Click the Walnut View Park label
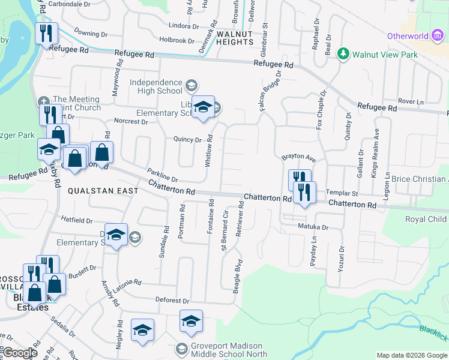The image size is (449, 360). [384, 55]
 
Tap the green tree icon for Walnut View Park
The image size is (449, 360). [343, 54]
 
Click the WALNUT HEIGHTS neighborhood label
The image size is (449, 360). [235, 38]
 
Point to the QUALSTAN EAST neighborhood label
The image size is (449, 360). [103, 191]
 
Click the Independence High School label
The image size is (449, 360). [155, 86]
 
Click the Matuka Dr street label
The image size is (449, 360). [313, 227]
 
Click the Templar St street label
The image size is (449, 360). [342, 194]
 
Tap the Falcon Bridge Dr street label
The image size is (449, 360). [270, 94]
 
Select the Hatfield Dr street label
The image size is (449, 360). [77, 221]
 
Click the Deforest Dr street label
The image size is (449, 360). [172, 301]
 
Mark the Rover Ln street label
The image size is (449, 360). [411, 101]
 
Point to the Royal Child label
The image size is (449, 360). [426, 219]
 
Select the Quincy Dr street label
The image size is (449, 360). [187, 140]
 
